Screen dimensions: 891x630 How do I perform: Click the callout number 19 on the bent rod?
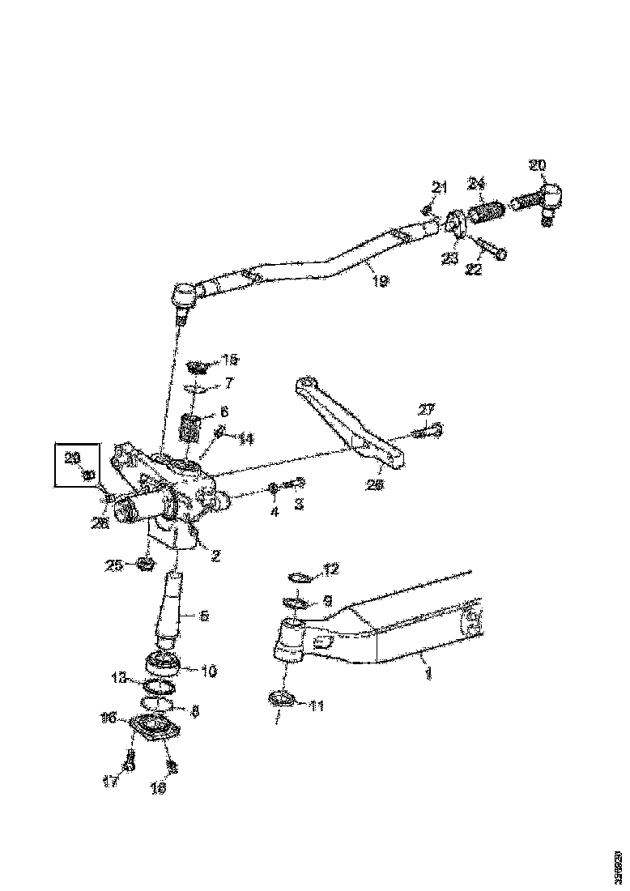(x=379, y=280)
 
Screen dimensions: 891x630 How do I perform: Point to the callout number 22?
(x=473, y=270)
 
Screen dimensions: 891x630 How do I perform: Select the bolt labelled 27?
(x=427, y=433)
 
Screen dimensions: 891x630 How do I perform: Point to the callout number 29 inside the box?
(x=72, y=458)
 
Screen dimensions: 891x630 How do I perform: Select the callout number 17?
(x=110, y=782)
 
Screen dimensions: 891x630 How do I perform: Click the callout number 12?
(x=330, y=570)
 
